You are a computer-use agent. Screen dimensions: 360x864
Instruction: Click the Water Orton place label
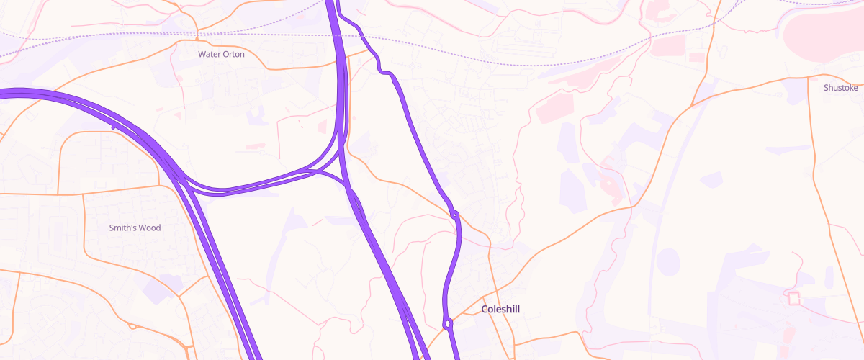click(221, 54)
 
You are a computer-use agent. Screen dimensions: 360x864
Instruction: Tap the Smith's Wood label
click(135, 228)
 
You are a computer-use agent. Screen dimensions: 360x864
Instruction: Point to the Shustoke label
click(840, 88)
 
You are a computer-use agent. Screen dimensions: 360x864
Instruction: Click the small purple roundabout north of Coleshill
click(454, 214)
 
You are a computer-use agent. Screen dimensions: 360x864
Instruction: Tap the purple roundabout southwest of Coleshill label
click(448, 324)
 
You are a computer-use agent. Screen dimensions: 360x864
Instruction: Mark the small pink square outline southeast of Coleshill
click(793, 298)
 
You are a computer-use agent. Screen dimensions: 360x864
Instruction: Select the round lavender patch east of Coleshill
click(667, 260)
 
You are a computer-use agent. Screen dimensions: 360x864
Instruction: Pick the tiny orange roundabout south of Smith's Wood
click(133, 326)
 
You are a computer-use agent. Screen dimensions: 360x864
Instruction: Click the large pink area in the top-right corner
click(821, 32)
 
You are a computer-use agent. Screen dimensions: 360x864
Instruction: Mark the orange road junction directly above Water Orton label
click(197, 32)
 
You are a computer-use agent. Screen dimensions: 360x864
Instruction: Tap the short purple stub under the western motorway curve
click(113, 125)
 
